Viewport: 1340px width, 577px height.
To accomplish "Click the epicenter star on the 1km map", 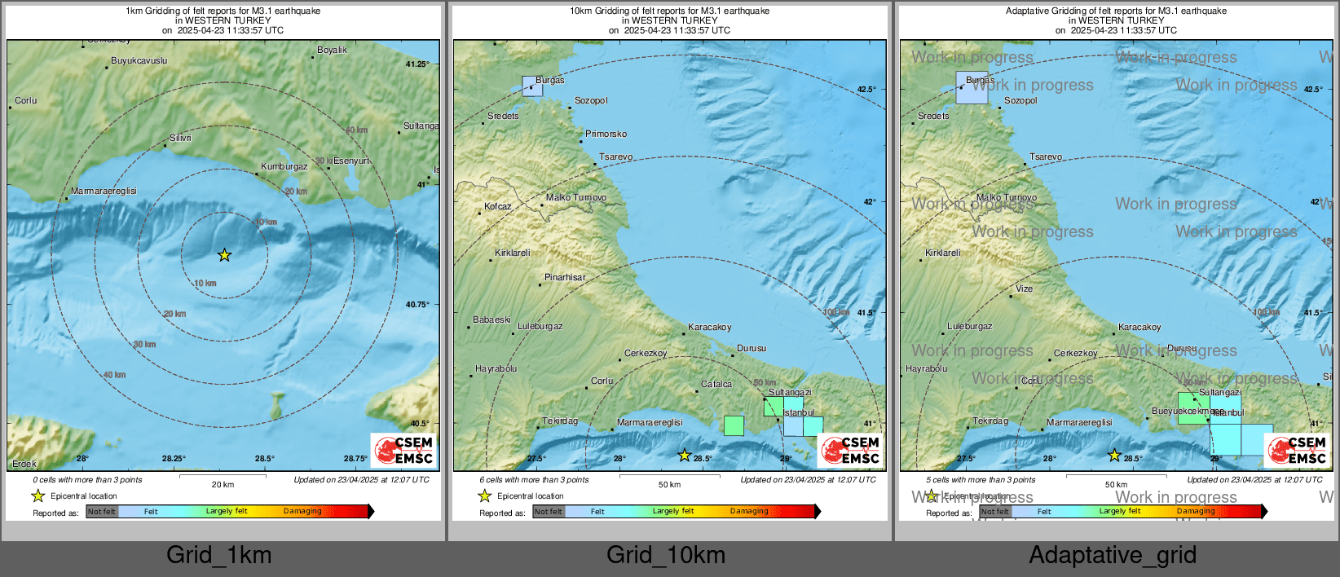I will (224, 256).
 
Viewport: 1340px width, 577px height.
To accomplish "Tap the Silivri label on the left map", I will (180, 138).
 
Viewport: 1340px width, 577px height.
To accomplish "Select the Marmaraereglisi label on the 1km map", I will (104, 191).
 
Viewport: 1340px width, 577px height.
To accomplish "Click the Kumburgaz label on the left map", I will (284, 166).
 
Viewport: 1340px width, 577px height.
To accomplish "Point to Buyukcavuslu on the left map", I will (139, 60).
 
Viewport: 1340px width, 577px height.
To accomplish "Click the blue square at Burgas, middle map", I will (532, 86).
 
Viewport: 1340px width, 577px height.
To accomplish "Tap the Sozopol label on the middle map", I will (591, 100).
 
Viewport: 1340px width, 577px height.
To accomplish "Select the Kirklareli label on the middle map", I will (512, 253).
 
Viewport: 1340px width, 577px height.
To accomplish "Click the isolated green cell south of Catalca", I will (734, 425).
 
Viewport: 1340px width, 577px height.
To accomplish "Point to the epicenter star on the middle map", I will (685, 456).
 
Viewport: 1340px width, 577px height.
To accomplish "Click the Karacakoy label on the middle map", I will (709, 327).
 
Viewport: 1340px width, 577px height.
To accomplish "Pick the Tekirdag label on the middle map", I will (560, 421).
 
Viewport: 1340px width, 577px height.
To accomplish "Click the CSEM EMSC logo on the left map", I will (403, 450).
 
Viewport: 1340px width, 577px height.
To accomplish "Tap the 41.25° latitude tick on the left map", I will (417, 64).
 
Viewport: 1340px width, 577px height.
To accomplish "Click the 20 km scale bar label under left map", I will (223, 484).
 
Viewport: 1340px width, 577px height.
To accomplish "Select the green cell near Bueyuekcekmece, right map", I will (1192, 407).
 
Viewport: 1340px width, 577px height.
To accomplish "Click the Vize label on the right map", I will (1024, 288).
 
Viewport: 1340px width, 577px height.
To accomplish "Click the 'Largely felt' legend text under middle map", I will (672, 511).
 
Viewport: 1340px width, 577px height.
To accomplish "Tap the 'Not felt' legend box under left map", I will (102, 511).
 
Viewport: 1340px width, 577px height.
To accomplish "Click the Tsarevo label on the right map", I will (1046, 156).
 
